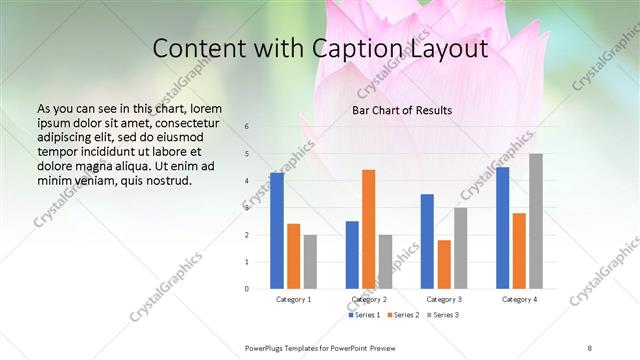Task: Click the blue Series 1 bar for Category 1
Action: (x=277, y=231)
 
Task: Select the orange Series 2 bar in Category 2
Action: (x=368, y=229)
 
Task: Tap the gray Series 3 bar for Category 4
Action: (x=536, y=221)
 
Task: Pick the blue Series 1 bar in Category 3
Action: (x=427, y=241)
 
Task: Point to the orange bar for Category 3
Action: (x=444, y=264)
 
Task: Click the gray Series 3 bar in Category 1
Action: (x=310, y=261)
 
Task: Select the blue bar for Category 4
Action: (x=502, y=228)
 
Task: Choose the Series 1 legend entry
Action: (x=365, y=315)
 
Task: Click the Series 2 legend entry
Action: (x=404, y=315)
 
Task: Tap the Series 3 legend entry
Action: (x=443, y=315)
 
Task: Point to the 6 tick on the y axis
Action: (x=247, y=127)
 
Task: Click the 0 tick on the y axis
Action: (x=247, y=289)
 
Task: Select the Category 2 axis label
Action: (x=369, y=299)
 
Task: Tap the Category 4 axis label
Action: (x=519, y=299)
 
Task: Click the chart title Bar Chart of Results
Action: (x=402, y=110)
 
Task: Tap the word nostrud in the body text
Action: (x=166, y=181)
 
